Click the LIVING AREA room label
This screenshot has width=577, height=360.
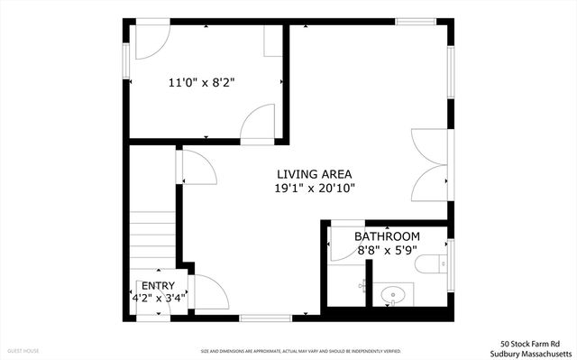(x=314, y=174)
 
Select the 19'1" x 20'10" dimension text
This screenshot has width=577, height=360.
(x=315, y=189)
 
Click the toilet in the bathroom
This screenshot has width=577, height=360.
(x=429, y=263)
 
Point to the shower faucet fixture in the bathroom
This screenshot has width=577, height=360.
(x=362, y=285)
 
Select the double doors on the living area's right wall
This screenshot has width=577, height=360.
(x=429, y=164)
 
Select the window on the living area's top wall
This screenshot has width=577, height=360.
(x=416, y=21)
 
